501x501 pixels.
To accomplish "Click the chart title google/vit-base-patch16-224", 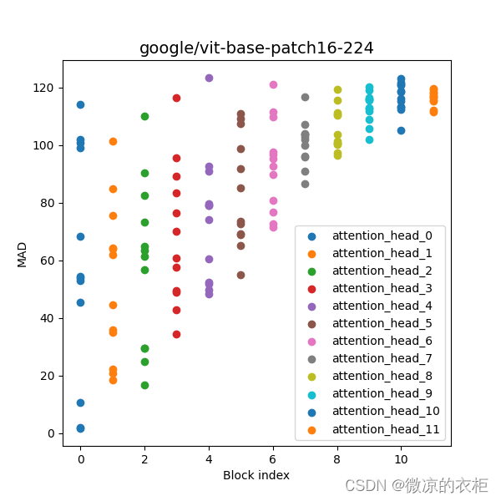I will (256, 48).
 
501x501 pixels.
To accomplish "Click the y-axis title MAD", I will (23, 254).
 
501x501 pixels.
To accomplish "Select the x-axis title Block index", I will (256, 475).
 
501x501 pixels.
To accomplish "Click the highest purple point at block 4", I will (209, 78).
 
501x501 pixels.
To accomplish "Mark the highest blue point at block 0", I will (80, 104).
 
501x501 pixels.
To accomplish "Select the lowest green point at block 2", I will (144, 385).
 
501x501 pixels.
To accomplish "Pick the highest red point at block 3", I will (176, 98).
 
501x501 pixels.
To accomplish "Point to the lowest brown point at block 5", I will (240, 275).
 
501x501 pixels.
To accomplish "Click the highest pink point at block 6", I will (273, 84).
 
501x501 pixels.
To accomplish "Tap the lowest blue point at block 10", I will (401, 130).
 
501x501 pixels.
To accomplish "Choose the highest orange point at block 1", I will (113, 141).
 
